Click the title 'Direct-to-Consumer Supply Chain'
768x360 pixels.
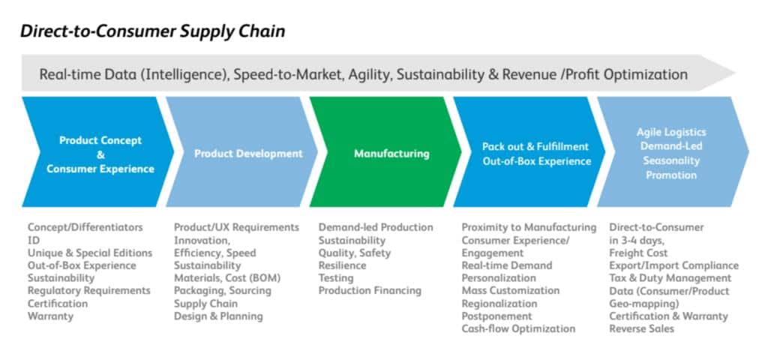(x=152, y=31)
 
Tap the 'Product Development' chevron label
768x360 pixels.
(x=248, y=154)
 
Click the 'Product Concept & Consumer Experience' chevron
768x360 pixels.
(x=100, y=154)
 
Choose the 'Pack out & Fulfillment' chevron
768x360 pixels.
(x=535, y=154)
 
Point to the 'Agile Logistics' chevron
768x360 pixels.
(x=670, y=154)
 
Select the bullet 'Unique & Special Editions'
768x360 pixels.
(x=89, y=253)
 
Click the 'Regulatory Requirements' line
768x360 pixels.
(x=88, y=291)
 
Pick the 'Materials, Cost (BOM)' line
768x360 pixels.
(x=228, y=278)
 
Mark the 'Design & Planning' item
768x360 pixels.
(x=218, y=316)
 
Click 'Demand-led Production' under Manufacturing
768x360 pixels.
(x=375, y=227)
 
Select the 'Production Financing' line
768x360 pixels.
(x=369, y=291)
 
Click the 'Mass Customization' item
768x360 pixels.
(x=510, y=291)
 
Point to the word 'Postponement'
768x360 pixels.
(x=496, y=316)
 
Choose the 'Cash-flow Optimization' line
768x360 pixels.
(x=518, y=329)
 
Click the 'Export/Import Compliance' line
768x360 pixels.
(x=673, y=265)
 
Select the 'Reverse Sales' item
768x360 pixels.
(x=641, y=329)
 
